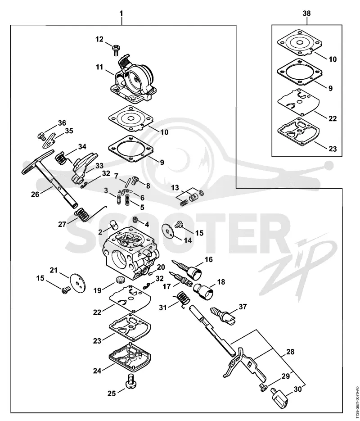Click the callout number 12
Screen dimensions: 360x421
[99, 39]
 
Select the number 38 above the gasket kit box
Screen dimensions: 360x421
[306, 14]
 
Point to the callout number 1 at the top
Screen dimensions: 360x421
[121, 14]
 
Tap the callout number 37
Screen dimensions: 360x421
[243, 306]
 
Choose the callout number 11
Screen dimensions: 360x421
[99, 67]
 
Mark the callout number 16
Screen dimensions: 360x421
[208, 259]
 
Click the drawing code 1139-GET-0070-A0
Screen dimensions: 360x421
[356, 402]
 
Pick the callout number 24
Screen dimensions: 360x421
[97, 371]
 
